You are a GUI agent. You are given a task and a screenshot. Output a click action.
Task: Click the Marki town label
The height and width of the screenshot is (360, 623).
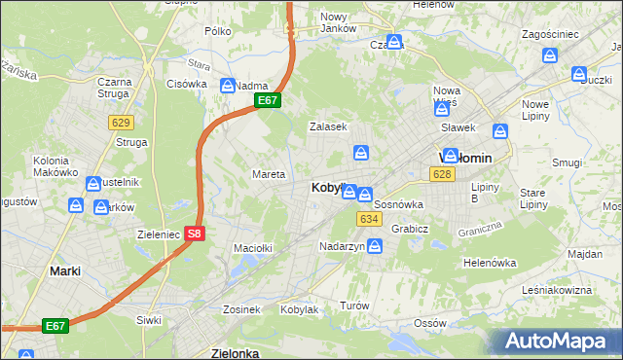coord(65,271)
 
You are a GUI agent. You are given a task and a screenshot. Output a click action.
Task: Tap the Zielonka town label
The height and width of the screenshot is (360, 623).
coord(235,353)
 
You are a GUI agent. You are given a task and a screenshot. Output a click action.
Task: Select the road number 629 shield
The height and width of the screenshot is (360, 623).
coord(122,122)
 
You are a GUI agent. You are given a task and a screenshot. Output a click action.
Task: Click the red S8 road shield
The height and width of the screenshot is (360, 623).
coord(195,234)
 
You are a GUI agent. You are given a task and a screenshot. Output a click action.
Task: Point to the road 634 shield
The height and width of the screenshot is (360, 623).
coord(368,219)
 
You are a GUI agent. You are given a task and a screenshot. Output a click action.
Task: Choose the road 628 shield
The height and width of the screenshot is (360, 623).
coord(442,173)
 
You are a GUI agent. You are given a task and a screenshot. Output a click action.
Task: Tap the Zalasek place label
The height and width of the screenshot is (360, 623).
coord(328,126)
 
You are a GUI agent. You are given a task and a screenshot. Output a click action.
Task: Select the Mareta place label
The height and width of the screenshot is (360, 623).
coord(269,175)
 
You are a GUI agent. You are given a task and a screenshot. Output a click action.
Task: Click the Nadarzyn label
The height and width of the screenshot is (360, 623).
coord(342,247)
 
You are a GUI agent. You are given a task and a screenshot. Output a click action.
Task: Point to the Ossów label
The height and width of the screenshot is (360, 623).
coord(429,323)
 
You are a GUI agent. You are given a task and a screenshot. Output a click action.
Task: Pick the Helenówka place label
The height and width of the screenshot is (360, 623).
coord(489,263)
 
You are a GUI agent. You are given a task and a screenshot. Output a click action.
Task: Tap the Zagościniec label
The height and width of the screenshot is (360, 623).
coord(550,34)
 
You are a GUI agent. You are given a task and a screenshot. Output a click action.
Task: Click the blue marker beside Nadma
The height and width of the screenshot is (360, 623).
coord(228,85)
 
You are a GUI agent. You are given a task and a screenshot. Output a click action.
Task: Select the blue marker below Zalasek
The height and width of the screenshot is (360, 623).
coord(361,152)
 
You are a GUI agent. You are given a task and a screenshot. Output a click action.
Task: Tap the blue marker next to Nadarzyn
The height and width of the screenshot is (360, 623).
coord(375,246)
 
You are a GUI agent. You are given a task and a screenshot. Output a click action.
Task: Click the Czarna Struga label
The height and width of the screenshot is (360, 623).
coord(115,88)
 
